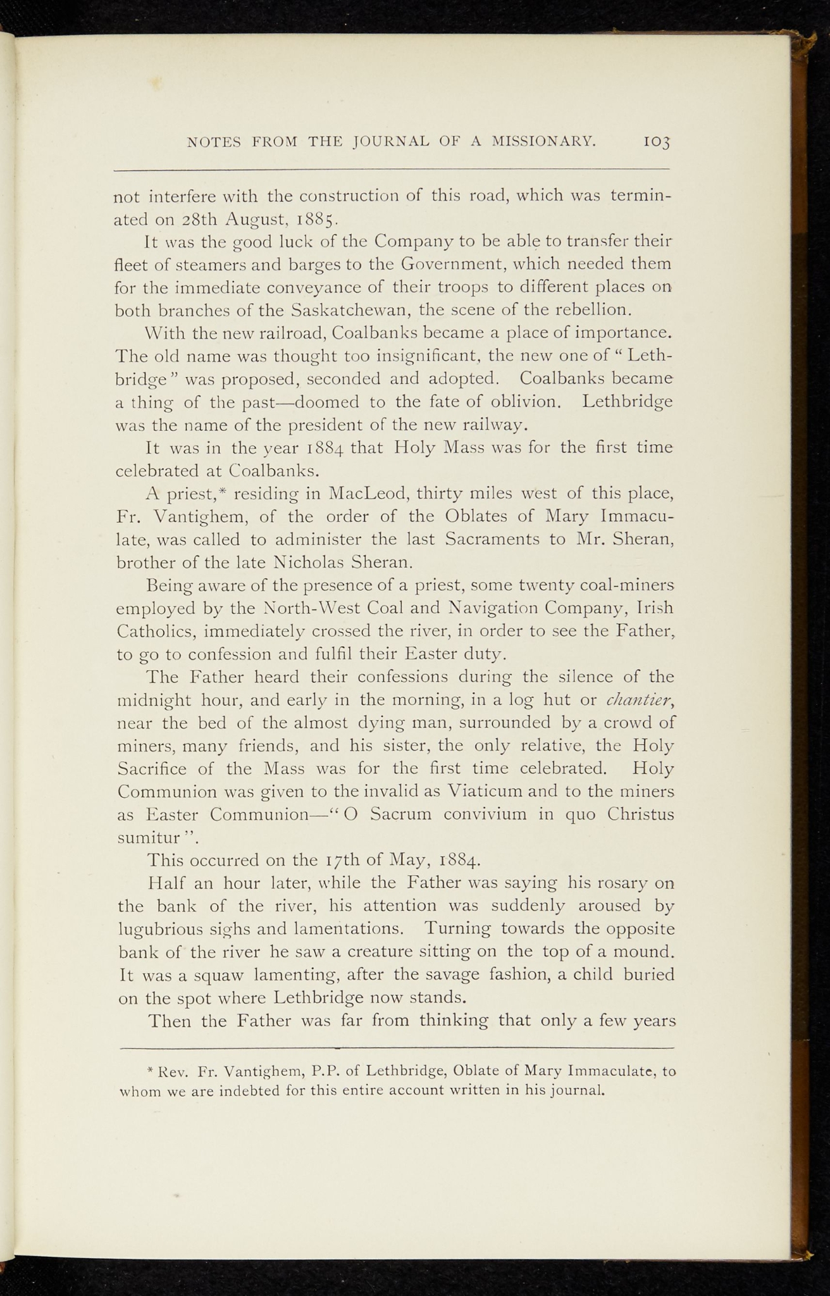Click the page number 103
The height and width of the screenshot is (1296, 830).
pos(657,143)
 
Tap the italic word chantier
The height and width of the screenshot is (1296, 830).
pos(640,700)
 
